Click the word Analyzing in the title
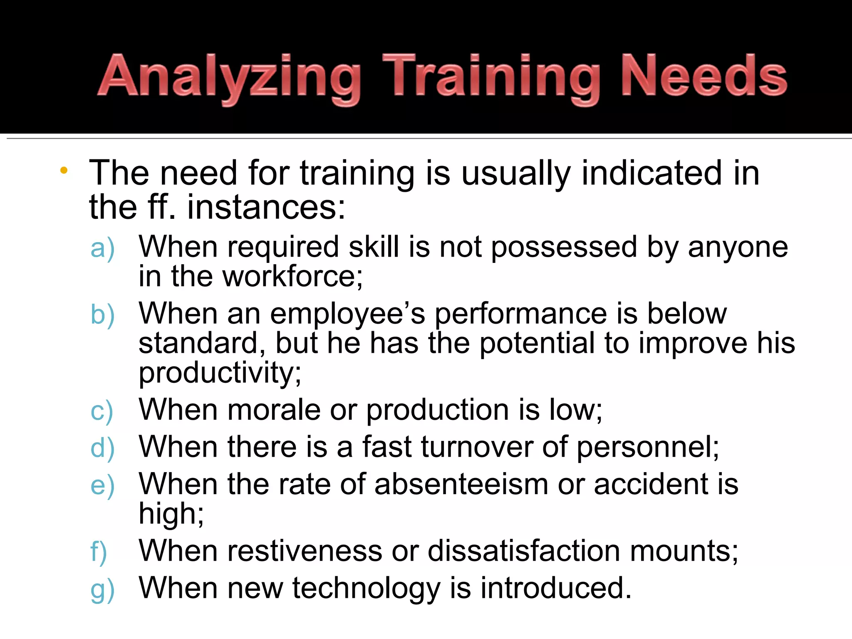229,78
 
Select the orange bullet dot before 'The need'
64,170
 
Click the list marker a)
102,248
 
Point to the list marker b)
102,315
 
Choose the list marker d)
102,448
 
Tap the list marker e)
102,485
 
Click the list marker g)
102,589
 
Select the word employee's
347,315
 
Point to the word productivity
219,373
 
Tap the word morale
274,410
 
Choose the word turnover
477,447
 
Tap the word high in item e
171,514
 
